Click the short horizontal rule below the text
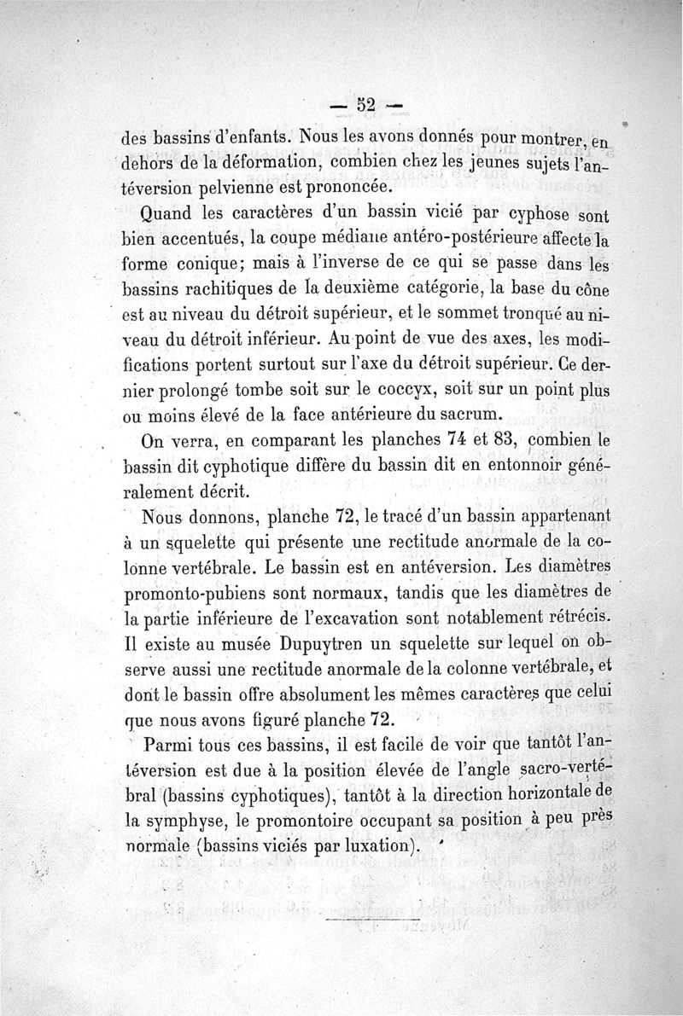click(x=374, y=920)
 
